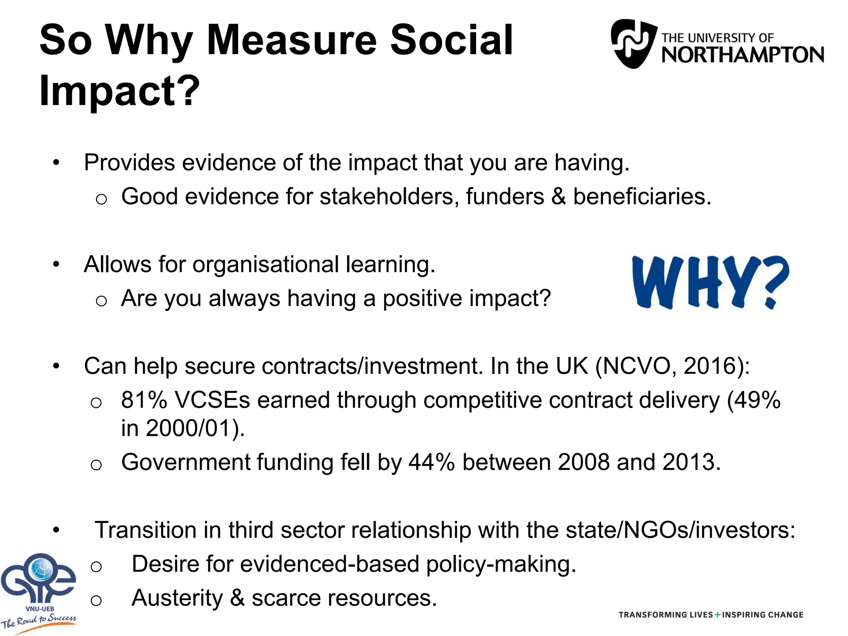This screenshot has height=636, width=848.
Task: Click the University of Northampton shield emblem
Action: coord(634,43)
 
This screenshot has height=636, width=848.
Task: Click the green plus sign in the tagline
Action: coord(718,615)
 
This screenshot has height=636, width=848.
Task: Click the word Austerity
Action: coord(177,598)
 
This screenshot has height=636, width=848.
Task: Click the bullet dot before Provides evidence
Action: coord(56,162)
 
